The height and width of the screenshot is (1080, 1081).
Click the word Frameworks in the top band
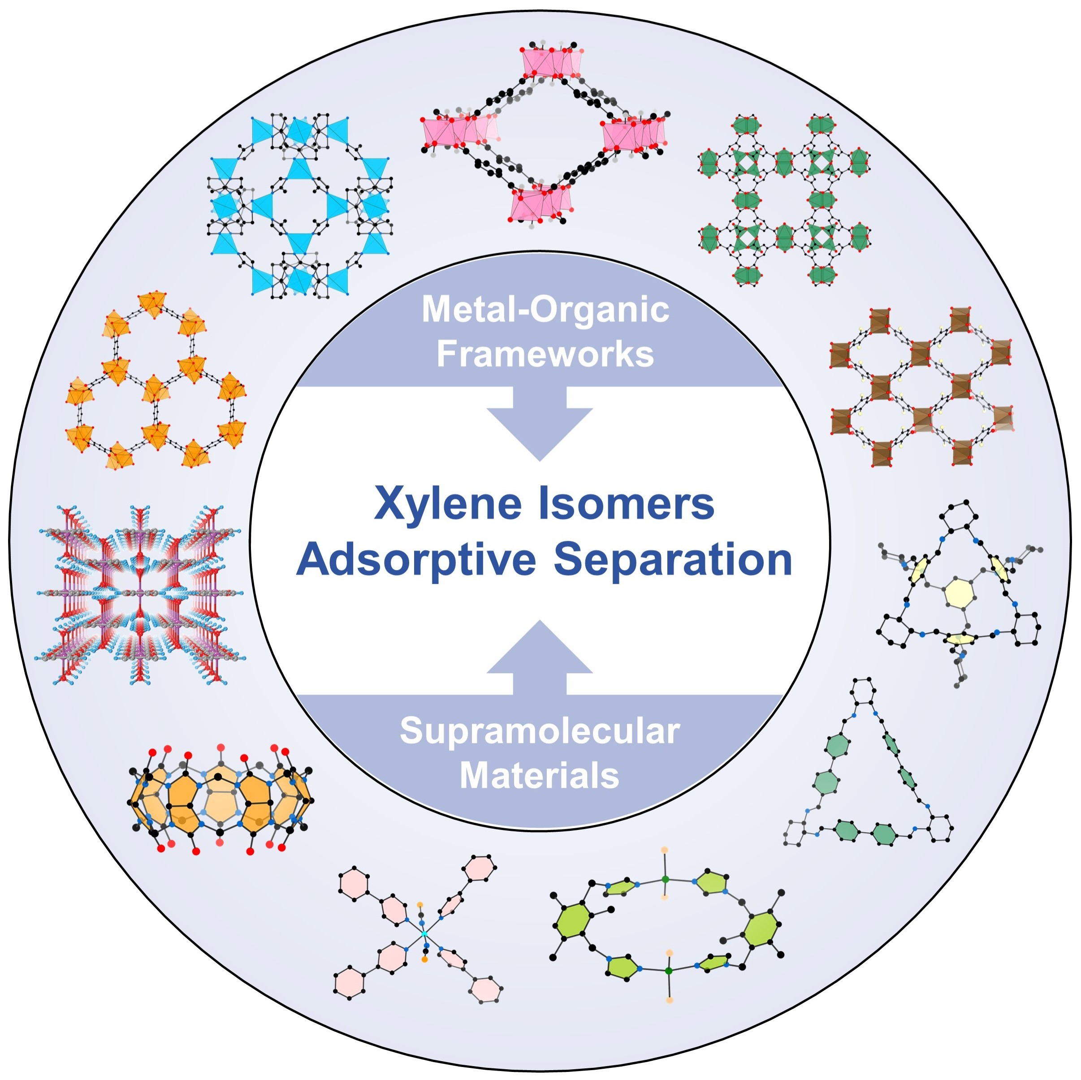pos(545,354)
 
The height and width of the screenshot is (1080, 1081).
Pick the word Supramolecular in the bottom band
pos(540,730)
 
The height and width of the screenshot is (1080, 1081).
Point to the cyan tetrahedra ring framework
pos(300,205)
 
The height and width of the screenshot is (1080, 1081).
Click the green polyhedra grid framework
pos(784,200)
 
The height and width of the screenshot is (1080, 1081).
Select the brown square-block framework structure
pos(921,386)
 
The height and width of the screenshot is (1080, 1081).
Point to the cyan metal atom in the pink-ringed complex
pos(424,934)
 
